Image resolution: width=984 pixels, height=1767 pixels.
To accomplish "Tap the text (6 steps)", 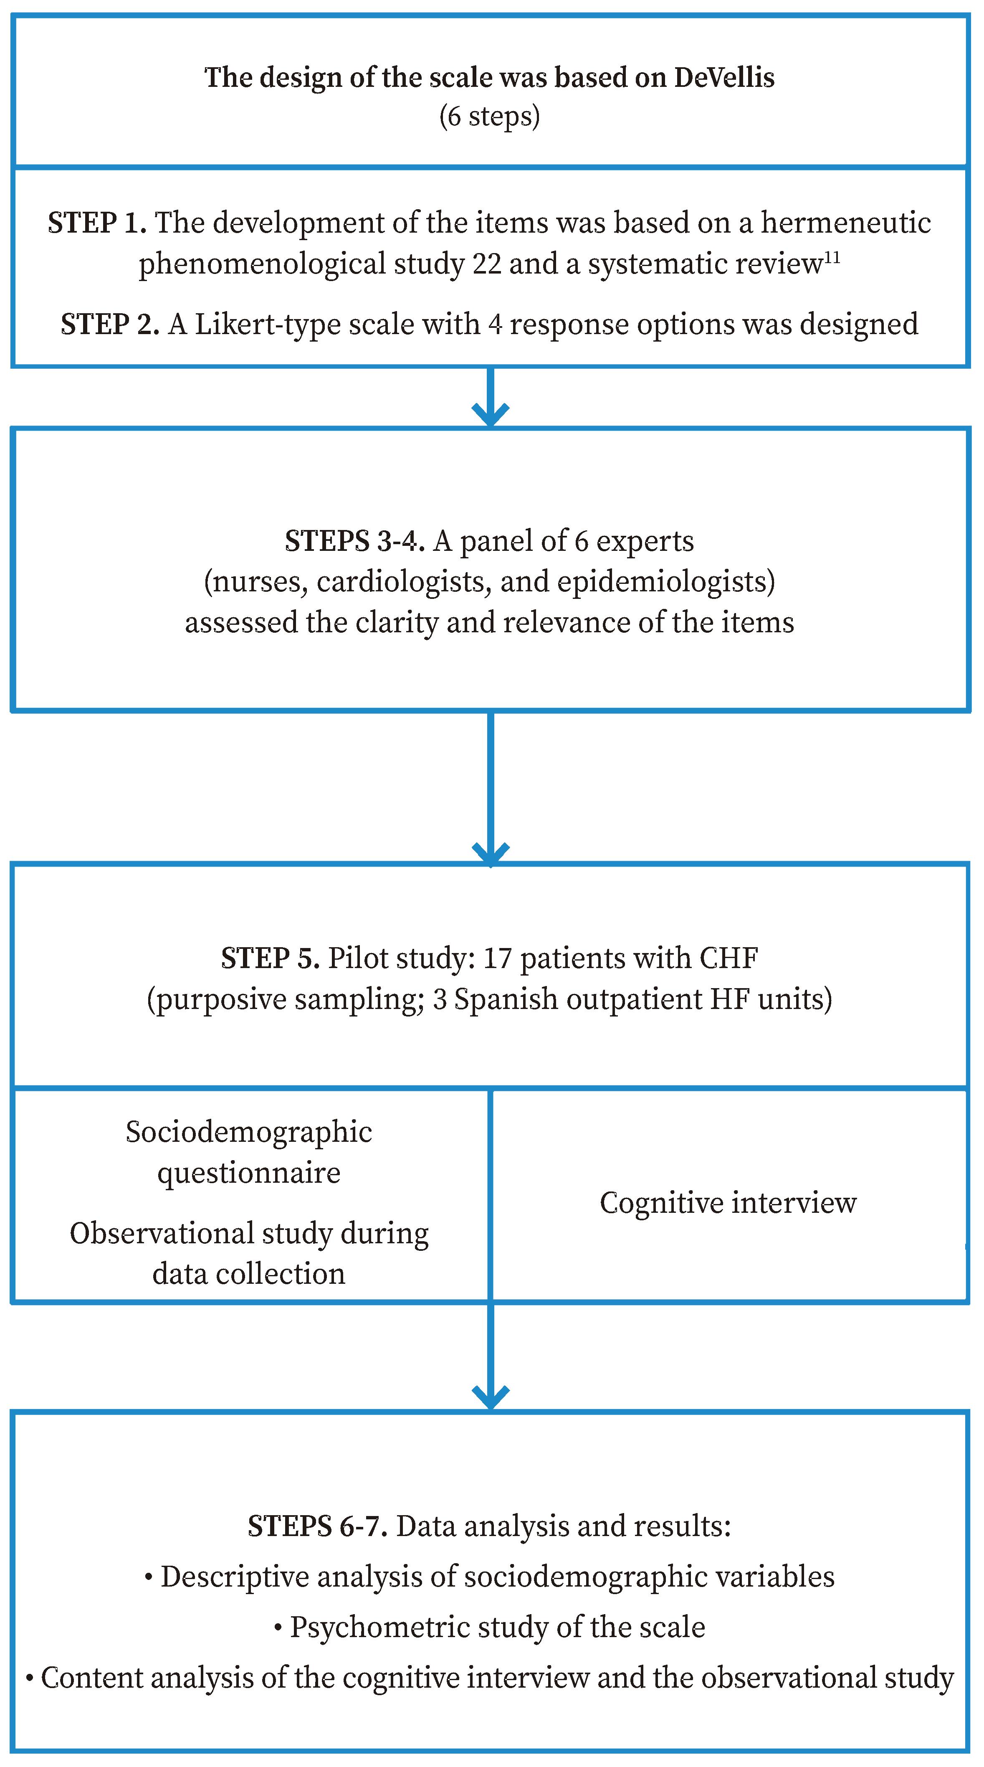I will click(x=490, y=116).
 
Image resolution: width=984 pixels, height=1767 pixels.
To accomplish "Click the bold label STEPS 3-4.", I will click(x=354, y=541).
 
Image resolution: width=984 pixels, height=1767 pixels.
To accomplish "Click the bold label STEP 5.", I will click(x=270, y=958).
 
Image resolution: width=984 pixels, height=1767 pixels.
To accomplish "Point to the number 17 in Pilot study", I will click(x=497, y=958).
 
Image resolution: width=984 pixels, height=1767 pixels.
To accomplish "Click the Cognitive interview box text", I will click(x=728, y=1202).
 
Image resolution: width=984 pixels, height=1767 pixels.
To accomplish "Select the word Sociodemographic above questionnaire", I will click(x=249, y=1132).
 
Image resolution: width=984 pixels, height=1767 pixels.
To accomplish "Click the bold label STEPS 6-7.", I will click(x=317, y=1526).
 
